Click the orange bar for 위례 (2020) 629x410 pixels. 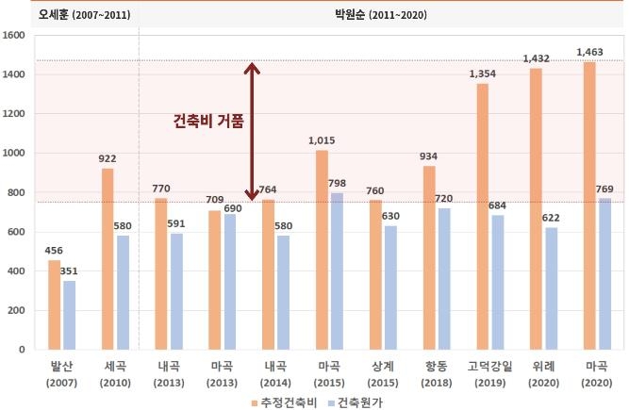[535, 209]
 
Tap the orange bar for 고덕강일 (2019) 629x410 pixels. [482, 217]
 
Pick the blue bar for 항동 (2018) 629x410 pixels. [443, 279]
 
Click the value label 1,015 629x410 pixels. [322, 141]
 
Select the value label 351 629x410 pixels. [70, 271]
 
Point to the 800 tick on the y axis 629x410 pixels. [17, 192]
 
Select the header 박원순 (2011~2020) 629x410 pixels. [378, 13]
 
